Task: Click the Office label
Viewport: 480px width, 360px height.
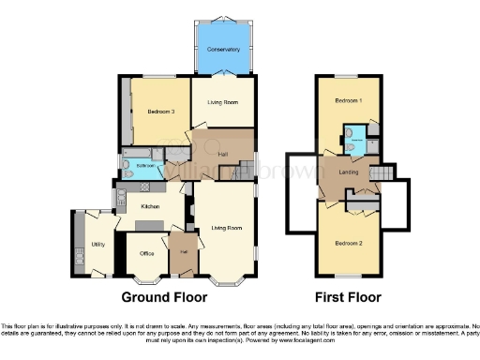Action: coord(145,253)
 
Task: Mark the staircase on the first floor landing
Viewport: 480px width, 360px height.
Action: coord(380,173)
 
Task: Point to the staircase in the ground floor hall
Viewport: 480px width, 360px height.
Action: coord(244,170)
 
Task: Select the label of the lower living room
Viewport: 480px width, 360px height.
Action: coord(225,228)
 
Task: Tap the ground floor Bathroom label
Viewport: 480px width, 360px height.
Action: coord(145,165)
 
